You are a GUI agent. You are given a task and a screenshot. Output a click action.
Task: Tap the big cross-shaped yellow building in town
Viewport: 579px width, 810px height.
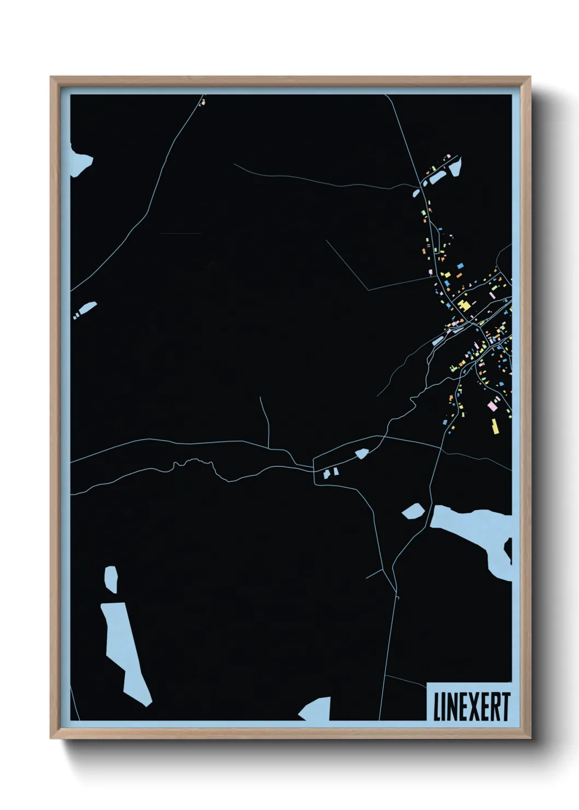[464, 306]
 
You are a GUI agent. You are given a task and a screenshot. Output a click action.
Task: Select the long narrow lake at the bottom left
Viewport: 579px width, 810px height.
[125, 651]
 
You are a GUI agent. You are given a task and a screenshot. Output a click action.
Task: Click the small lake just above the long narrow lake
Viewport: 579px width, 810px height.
[111, 579]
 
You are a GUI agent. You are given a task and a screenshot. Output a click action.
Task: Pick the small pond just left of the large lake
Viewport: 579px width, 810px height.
[413, 511]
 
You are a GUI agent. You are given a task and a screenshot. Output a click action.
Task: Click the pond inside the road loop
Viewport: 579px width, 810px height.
[362, 453]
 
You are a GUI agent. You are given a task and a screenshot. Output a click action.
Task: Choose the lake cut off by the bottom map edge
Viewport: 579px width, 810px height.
[317, 709]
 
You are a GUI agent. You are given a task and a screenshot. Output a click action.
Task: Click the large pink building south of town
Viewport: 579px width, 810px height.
[492, 406]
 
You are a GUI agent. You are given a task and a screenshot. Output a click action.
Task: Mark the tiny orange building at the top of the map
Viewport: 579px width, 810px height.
[202, 102]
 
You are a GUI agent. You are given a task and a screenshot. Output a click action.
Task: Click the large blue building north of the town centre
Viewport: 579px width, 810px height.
[460, 265]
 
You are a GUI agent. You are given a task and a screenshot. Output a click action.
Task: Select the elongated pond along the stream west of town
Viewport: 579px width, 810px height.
[437, 342]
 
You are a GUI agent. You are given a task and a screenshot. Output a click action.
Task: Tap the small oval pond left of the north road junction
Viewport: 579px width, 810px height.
[416, 193]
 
